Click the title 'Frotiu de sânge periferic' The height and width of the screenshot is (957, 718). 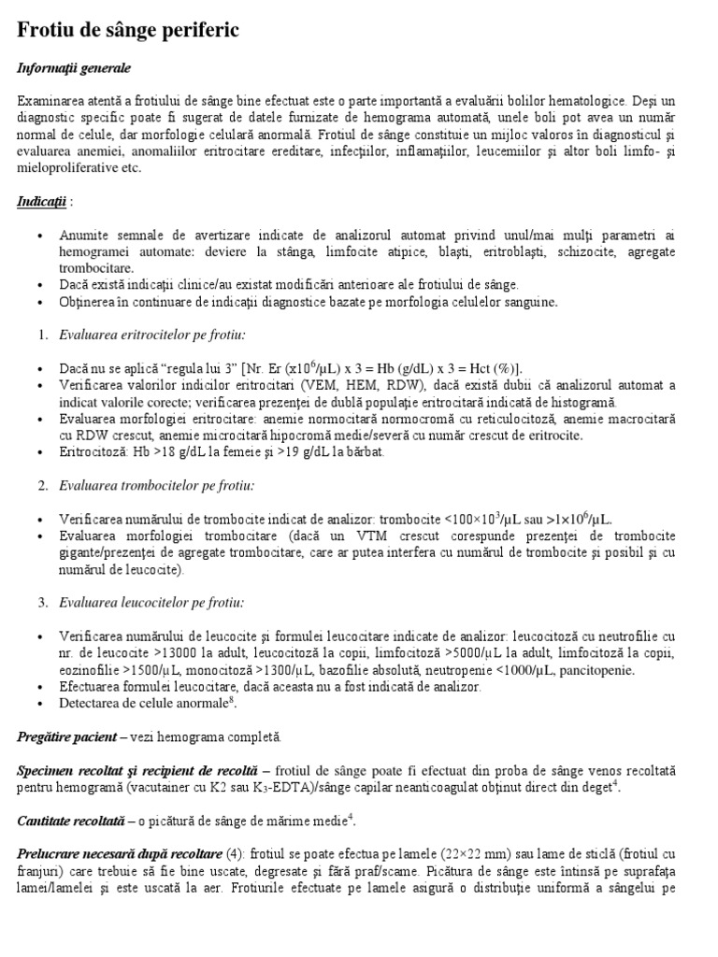click(x=128, y=31)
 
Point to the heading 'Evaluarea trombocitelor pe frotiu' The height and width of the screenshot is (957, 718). click(x=156, y=485)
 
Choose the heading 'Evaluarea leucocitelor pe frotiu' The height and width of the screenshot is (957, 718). click(x=151, y=602)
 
